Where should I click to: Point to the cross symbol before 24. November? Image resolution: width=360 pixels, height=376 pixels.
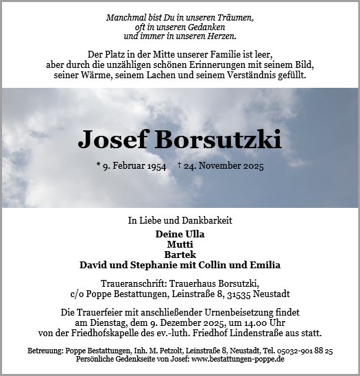180,165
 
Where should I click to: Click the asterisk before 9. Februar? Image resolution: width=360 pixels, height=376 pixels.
99,165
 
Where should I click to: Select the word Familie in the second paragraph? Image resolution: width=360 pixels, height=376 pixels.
232,54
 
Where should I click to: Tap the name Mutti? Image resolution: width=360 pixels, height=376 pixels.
180,244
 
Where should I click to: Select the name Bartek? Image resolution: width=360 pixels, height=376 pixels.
180,254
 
